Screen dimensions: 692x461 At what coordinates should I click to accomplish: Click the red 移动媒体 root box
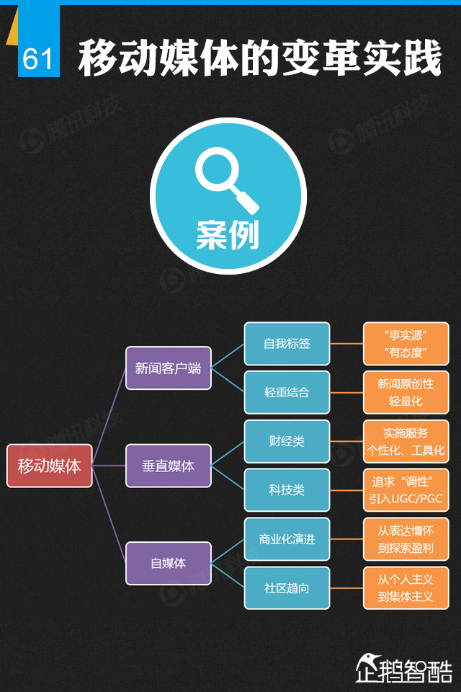50,466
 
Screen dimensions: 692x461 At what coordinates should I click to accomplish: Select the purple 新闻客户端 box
169,368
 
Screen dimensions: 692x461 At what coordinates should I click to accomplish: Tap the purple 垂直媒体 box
169,466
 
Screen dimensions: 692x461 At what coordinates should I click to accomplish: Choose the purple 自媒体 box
169,563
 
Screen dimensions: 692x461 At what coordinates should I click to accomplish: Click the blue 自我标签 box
287,344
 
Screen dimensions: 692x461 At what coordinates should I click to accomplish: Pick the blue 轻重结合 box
287,392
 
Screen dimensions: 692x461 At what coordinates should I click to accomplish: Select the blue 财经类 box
287,441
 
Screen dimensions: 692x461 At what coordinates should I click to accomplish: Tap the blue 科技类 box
287,489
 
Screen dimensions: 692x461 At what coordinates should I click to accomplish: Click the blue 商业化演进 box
287,539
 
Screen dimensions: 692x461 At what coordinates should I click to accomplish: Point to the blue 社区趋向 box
287,587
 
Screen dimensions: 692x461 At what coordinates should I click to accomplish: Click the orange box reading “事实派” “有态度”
406,344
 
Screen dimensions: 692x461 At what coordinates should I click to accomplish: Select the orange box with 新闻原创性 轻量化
406,392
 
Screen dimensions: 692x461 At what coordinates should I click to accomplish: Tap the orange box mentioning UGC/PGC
406,489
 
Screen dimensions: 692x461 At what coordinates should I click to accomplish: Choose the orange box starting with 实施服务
406,441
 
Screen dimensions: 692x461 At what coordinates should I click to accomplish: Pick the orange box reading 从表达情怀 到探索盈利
406,539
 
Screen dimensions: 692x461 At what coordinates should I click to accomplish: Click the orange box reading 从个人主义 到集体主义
406,587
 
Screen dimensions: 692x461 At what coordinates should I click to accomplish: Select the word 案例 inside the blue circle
228,234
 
